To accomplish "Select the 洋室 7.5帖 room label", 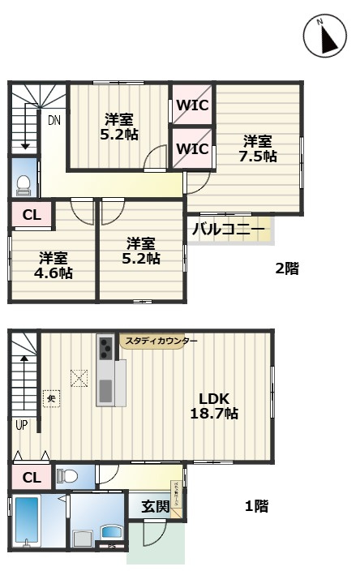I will pyautogui.click(x=259, y=148).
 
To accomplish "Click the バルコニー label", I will pyautogui.click(x=229, y=230).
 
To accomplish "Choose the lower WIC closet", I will pyautogui.click(x=193, y=148).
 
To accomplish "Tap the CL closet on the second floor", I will pyautogui.click(x=32, y=215).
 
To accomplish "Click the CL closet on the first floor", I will pyautogui.click(x=32, y=477).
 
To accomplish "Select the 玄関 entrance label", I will pyautogui.click(x=156, y=507).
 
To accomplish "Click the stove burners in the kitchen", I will pyautogui.click(x=106, y=350).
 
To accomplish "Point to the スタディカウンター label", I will pyautogui.click(x=161, y=341).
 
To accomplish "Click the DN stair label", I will pyautogui.click(x=54, y=121).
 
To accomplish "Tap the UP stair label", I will pyautogui.click(x=19, y=423).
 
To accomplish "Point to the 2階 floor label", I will pyautogui.click(x=285, y=268).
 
